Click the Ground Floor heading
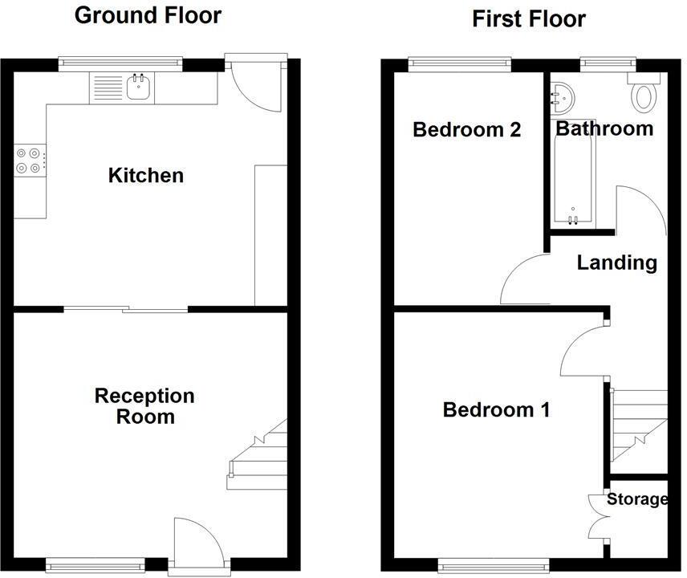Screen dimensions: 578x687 click(x=148, y=15)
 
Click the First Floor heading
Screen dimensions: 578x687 click(x=528, y=18)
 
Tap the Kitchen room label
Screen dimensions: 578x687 click(x=146, y=175)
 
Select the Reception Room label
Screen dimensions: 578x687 click(x=144, y=406)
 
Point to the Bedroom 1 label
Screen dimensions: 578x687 click(x=496, y=410)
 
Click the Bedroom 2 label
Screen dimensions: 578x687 click(x=466, y=129)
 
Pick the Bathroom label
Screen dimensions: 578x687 click(x=604, y=128)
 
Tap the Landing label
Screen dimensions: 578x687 click(x=616, y=263)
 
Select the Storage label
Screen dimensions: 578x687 click(x=637, y=499)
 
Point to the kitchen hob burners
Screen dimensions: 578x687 click(x=29, y=161)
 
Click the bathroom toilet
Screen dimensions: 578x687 click(x=643, y=96)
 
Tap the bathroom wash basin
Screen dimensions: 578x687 click(x=563, y=97)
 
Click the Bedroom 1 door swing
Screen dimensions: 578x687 click(x=583, y=348)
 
